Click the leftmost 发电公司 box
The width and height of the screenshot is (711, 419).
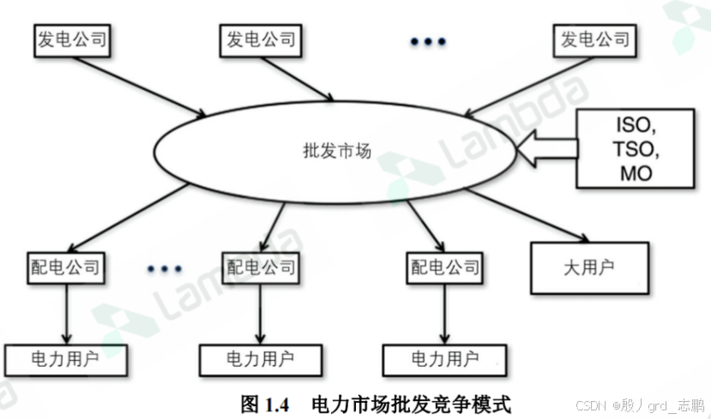pyautogui.click(x=73, y=39)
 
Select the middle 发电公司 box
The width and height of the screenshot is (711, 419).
pyautogui.click(x=261, y=39)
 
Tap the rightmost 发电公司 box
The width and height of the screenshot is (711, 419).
pyautogui.click(x=594, y=39)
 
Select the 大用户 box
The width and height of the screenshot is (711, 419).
pyautogui.click(x=589, y=268)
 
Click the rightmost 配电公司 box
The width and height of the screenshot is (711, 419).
pyautogui.click(x=443, y=266)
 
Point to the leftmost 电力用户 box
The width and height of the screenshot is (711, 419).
pyautogui.click(x=65, y=360)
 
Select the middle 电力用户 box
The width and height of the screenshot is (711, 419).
pyautogui.click(x=260, y=360)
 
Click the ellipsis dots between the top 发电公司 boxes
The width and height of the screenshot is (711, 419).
pyautogui.click(x=428, y=42)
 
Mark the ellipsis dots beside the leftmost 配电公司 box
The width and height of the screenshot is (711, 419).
pyautogui.click(x=164, y=269)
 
